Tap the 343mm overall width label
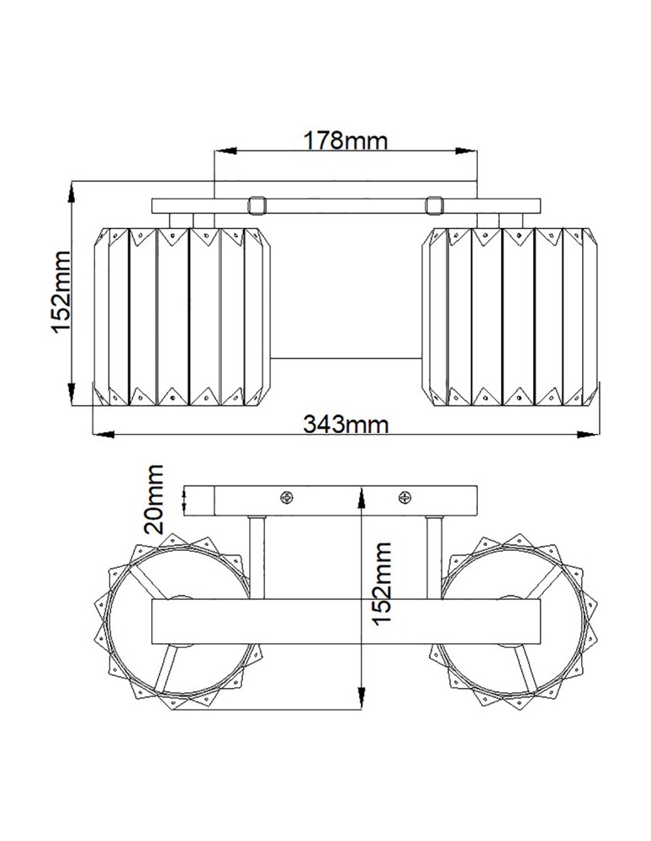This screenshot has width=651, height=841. pos(346,423)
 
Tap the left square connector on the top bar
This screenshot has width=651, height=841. pos(257,204)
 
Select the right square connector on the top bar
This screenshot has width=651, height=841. pos(434,204)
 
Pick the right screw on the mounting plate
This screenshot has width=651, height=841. pos(404,498)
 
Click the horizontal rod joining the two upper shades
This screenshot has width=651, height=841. pos(346,359)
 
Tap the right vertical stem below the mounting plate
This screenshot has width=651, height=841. pos(436,555)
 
